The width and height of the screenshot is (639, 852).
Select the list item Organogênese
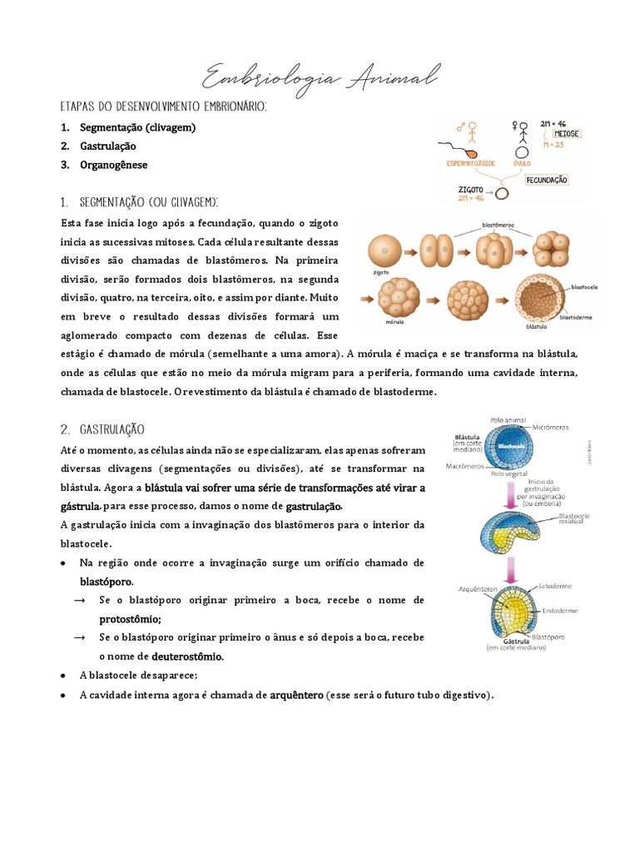pos(113,165)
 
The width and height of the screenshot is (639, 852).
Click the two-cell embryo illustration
pos(438,249)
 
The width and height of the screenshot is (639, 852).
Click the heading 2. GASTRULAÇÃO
pos(103,429)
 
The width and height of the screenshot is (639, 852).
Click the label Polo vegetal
pos(509,473)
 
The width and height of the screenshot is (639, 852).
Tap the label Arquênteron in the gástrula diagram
pos(478,588)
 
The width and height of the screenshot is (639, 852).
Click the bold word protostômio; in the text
pos(131,619)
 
